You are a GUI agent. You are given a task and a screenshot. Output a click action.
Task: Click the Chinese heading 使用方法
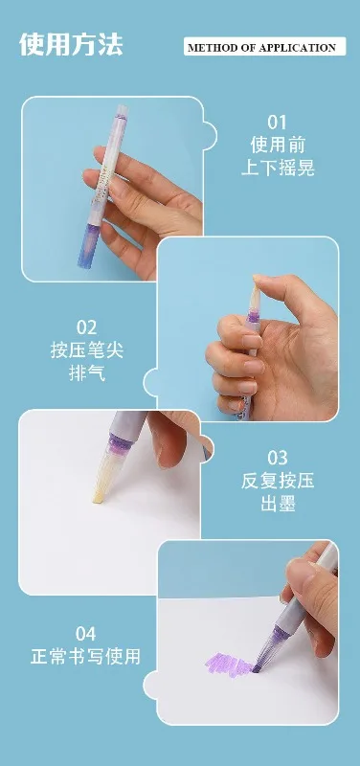coord(71,45)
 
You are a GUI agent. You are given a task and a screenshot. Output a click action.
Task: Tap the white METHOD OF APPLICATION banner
coord(265,47)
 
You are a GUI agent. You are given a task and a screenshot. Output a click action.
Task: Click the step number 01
coord(277,123)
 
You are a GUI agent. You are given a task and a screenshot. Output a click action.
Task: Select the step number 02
coord(86,327)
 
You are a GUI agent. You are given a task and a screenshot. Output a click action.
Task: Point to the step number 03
coord(278,458)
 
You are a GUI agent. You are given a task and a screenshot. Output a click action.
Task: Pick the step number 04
coord(85,634)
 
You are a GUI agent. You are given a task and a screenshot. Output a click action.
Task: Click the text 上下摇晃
coord(278,168)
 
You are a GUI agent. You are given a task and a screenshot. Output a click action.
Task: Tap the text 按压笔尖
coord(87,350)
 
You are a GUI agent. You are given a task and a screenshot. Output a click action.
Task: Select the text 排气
coord(87,373)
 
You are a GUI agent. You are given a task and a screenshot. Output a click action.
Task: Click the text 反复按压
coord(278,481)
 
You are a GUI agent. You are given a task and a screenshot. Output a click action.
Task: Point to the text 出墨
coord(278,504)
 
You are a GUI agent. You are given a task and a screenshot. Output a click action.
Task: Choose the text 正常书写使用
coord(85,656)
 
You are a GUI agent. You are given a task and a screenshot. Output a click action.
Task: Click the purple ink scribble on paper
coord(229,663)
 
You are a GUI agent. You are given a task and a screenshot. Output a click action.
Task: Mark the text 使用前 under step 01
coord(278,145)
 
